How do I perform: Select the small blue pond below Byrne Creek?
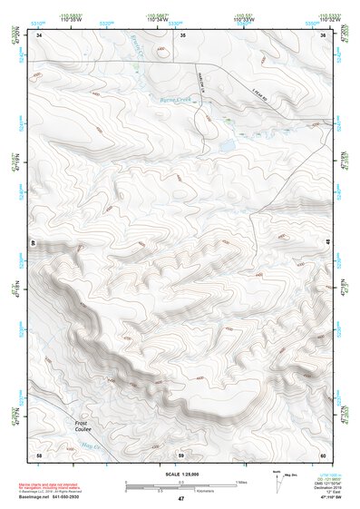click(227, 144)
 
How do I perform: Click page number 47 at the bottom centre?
click(180, 500)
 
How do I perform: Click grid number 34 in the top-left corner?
click(39, 34)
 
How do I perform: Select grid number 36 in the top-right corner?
click(323, 34)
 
